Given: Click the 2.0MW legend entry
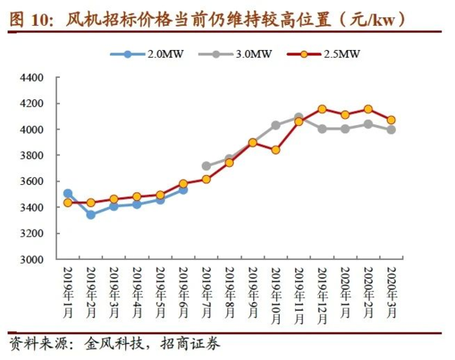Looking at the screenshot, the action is tap(147, 54).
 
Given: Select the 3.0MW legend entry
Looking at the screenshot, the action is tap(235, 54).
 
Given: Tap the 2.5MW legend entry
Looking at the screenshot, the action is tap(324, 54).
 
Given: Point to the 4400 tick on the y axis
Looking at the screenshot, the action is tap(32, 78).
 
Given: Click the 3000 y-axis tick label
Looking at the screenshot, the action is tap(32, 259).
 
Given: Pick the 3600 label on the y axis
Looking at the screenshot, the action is tap(32, 182).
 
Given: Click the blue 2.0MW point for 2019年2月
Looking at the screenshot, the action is tap(91, 215).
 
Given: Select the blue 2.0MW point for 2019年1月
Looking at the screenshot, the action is tap(68, 193).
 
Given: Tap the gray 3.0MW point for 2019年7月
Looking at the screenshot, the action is tap(206, 166).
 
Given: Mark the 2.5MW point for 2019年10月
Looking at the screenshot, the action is tap(276, 150).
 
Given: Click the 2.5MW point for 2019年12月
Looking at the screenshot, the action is tap(322, 109).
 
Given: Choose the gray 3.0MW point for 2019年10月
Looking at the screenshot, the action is tap(276, 125).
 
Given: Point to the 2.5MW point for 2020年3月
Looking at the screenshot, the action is tap(391, 120).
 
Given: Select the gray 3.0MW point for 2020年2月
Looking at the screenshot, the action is tap(369, 124).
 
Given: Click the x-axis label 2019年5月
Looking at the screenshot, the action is tap(160, 293).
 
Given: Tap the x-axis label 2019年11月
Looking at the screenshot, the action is tap(299, 296).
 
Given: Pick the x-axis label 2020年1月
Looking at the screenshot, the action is tap(345, 293).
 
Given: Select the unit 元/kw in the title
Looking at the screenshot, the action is tap(372, 20).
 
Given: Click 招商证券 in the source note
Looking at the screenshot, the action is tap(190, 344).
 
